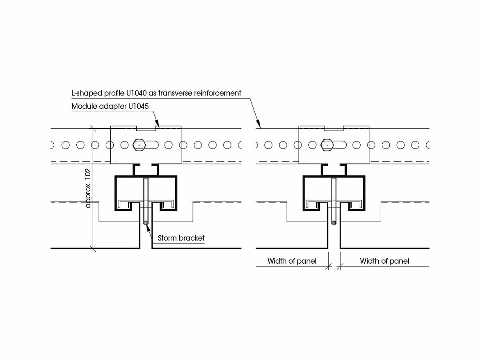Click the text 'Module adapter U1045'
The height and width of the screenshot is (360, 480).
coord(110,106)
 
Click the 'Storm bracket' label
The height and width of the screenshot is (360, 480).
coord(181,238)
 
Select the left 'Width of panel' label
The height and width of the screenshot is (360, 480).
coord(292,261)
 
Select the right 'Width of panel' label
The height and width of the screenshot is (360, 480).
coord(384,261)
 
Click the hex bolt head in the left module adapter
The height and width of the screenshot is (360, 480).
coord(139,145)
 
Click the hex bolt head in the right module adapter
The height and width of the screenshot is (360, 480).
coord(327,145)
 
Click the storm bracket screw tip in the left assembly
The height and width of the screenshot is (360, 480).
coord(145,223)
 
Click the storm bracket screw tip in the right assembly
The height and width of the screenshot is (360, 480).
coord(334,223)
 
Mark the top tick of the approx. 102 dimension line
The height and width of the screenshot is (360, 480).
coord(94,129)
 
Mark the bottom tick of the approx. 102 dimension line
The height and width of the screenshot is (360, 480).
coord(94,248)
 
